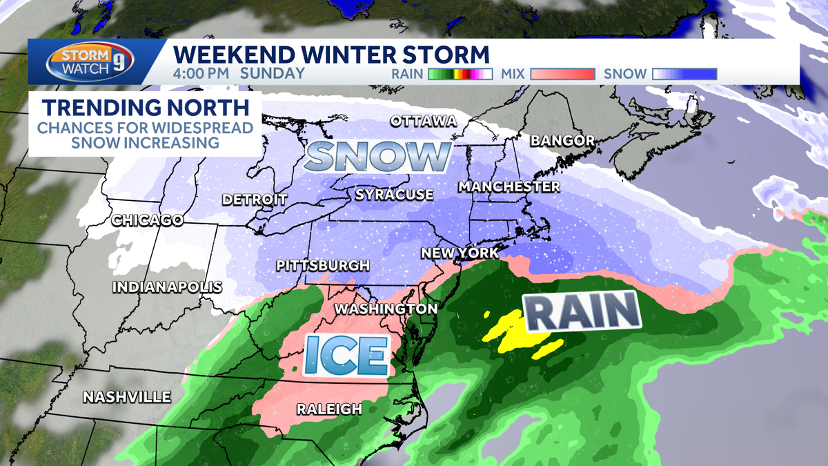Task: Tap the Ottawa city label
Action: pos(424,122)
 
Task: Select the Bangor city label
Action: pos(562,141)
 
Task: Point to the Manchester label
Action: pos(509,187)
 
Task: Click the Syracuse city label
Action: pos(394,195)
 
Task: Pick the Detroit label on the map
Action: pos(255,200)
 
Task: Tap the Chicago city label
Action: pos(148,221)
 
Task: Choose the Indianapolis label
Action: pos(167,287)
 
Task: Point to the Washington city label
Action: pos(386,309)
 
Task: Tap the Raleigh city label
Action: pos(329,409)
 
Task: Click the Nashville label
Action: pos(127,397)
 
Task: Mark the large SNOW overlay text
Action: pos(377,157)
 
